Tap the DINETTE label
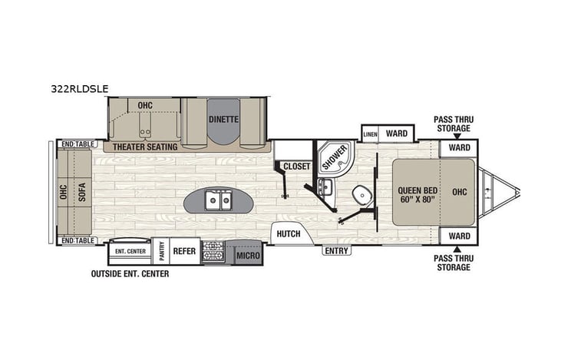223,119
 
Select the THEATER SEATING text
145,147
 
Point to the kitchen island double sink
218,202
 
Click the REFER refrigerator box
184,251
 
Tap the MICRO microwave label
246,255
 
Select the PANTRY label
161,251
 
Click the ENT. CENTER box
130,251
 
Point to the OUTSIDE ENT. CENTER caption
130,273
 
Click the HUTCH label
289,234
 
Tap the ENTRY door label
336,250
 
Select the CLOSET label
295,166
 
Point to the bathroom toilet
361,193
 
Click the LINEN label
370,134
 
